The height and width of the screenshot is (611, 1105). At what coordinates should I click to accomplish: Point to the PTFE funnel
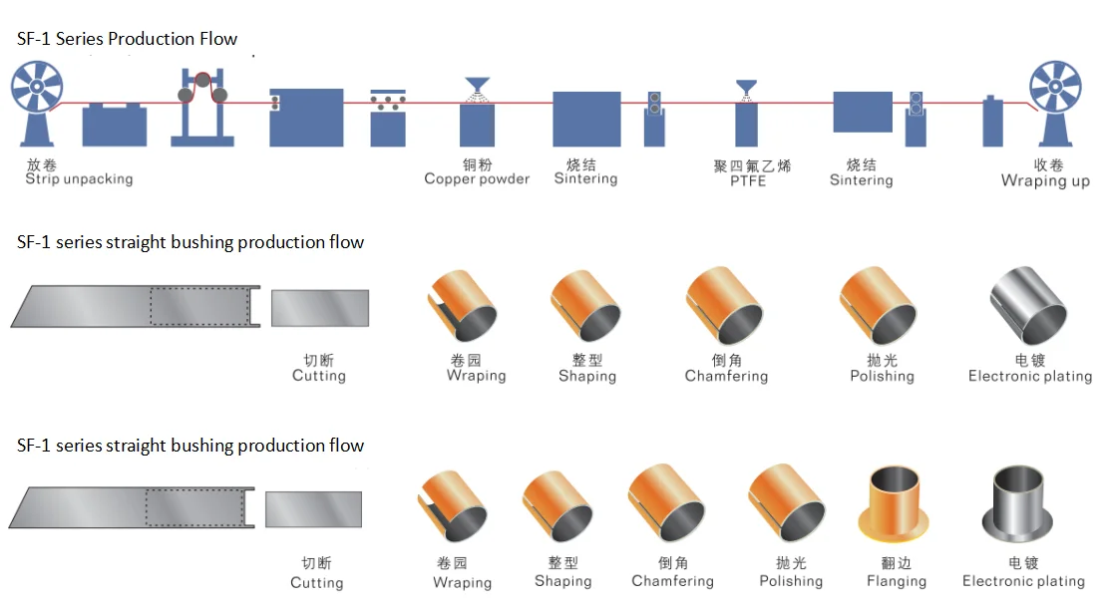[747, 88]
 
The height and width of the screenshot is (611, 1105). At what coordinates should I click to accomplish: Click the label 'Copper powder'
[477, 179]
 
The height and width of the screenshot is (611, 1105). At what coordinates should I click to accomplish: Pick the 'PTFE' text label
[748, 181]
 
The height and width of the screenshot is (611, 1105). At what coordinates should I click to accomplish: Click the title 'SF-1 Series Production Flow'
[127, 40]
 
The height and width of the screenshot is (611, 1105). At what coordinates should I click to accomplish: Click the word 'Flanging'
[897, 581]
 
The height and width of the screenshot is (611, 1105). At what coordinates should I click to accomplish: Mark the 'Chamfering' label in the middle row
[726, 377]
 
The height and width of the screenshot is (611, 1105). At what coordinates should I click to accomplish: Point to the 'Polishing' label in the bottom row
[791, 581]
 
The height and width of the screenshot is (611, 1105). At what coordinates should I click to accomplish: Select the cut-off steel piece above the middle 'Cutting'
[319, 308]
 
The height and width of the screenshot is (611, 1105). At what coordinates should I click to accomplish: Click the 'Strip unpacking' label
[79, 179]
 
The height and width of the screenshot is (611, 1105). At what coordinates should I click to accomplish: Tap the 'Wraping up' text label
[1045, 181]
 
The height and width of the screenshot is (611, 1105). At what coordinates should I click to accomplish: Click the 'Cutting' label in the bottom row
[317, 582]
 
